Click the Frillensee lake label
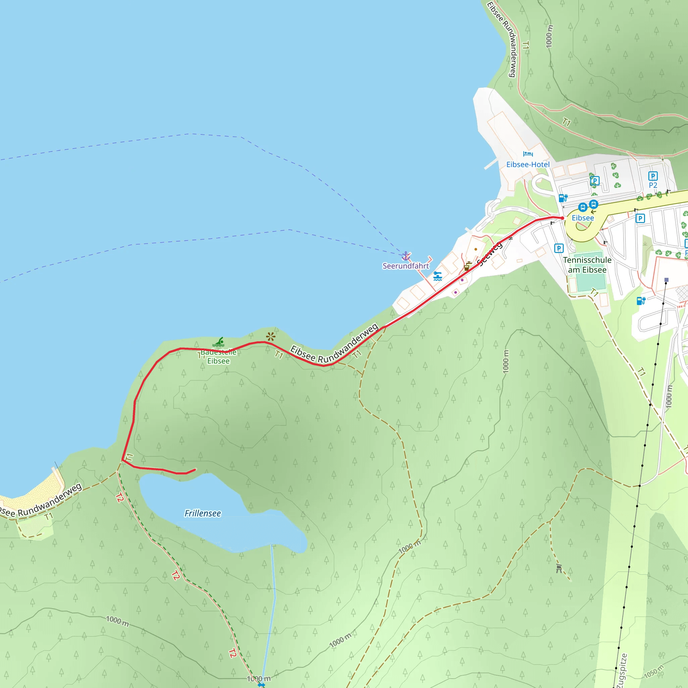click(x=203, y=513)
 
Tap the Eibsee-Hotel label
click(x=528, y=165)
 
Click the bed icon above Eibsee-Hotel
click(x=528, y=154)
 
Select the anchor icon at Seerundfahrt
click(x=405, y=256)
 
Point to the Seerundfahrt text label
click(x=405, y=266)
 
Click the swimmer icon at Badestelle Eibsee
click(x=218, y=342)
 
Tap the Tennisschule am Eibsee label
click(x=587, y=265)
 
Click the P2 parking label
click(x=653, y=185)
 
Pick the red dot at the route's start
click(x=562, y=218)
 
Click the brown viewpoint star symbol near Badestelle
click(x=271, y=337)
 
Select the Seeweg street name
click(x=490, y=254)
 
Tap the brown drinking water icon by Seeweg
click(x=467, y=266)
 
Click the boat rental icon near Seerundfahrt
click(x=438, y=276)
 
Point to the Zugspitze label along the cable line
click(x=621, y=671)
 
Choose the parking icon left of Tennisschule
click(x=559, y=248)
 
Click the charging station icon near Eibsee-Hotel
click(x=563, y=198)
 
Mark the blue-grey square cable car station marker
click(x=666, y=280)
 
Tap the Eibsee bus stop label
click(x=583, y=218)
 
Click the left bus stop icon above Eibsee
click(x=583, y=207)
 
